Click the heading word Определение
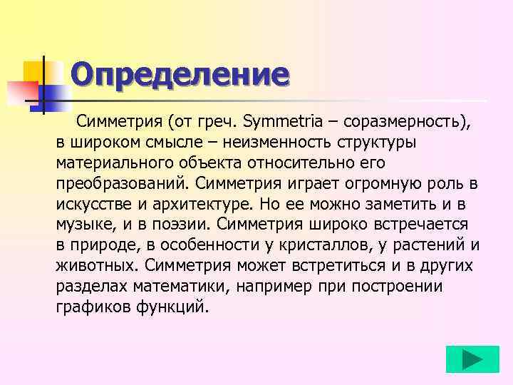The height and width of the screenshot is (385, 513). click(180, 74)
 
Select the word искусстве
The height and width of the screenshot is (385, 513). click(93, 204)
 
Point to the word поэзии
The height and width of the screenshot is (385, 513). click(180, 225)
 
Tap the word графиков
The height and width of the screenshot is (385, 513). click(90, 307)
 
